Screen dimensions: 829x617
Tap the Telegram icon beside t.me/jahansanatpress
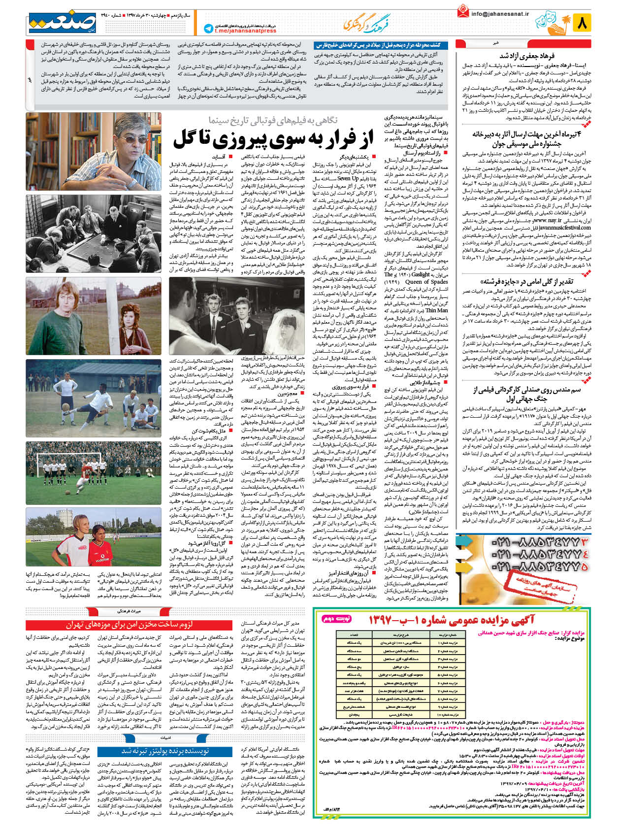[208, 29]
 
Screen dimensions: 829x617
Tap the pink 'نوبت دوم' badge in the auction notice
[337, 619]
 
